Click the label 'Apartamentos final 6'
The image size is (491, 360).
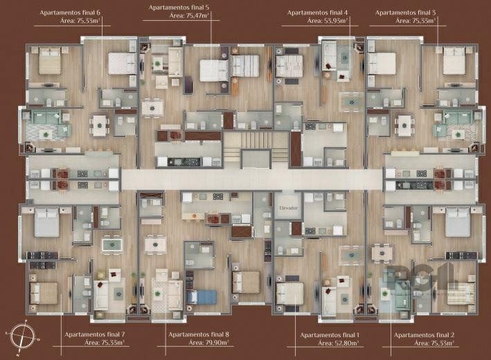[x=69, y=12]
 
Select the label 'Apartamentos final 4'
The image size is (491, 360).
[x=318, y=12]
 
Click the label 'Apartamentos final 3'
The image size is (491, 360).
[x=405, y=12]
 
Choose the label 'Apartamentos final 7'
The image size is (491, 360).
[x=94, y=334]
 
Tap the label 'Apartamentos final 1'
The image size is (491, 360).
[x=328, y=334]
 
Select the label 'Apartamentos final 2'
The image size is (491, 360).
[x=423, y=334]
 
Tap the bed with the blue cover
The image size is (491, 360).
[x=202, y=296]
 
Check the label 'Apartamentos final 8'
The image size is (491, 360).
[x=198, y=334]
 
